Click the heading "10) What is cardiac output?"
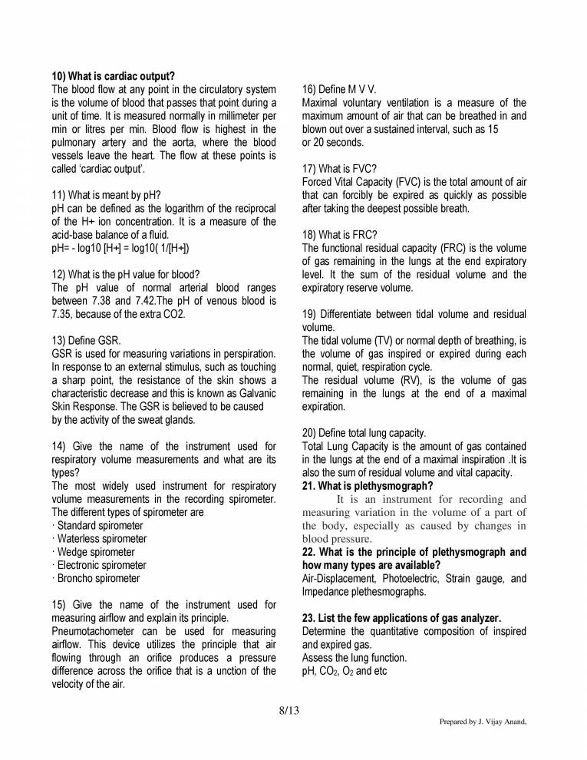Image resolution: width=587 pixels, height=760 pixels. pyautogui.click(x=113, y=76)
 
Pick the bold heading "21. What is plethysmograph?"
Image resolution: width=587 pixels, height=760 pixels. pyautogui.click(x=367, y=485)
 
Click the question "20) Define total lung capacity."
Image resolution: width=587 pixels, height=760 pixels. pyautogui.click(x=364, y=433)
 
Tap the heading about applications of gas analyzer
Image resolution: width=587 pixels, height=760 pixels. pyautogui.click(x=401, y=618)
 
